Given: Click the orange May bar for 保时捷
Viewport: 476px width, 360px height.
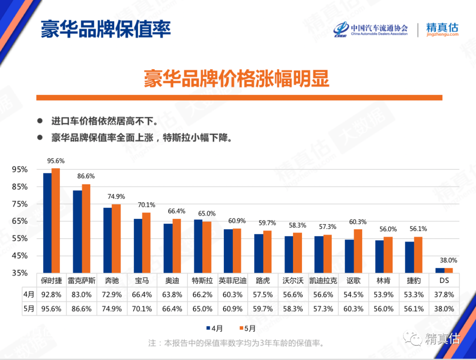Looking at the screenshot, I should coord(56,220).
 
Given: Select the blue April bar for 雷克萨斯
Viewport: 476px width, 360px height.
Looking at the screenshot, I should coord(77,231).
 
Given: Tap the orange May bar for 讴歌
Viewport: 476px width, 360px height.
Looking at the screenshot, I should coord(358,251).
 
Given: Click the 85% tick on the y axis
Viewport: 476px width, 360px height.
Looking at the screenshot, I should coord(20,187).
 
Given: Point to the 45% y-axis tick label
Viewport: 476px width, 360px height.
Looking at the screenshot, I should coord(20,256).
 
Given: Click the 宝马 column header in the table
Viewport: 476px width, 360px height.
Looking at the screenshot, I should coord(142,280).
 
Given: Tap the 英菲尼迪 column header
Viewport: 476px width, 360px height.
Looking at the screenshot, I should coord(233,280).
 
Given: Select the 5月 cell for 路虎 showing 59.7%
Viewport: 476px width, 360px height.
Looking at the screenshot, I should coord(263,309).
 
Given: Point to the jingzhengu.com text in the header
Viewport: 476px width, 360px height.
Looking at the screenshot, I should coord(442,34).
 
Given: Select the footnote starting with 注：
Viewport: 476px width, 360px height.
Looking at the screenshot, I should coord(236,343).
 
